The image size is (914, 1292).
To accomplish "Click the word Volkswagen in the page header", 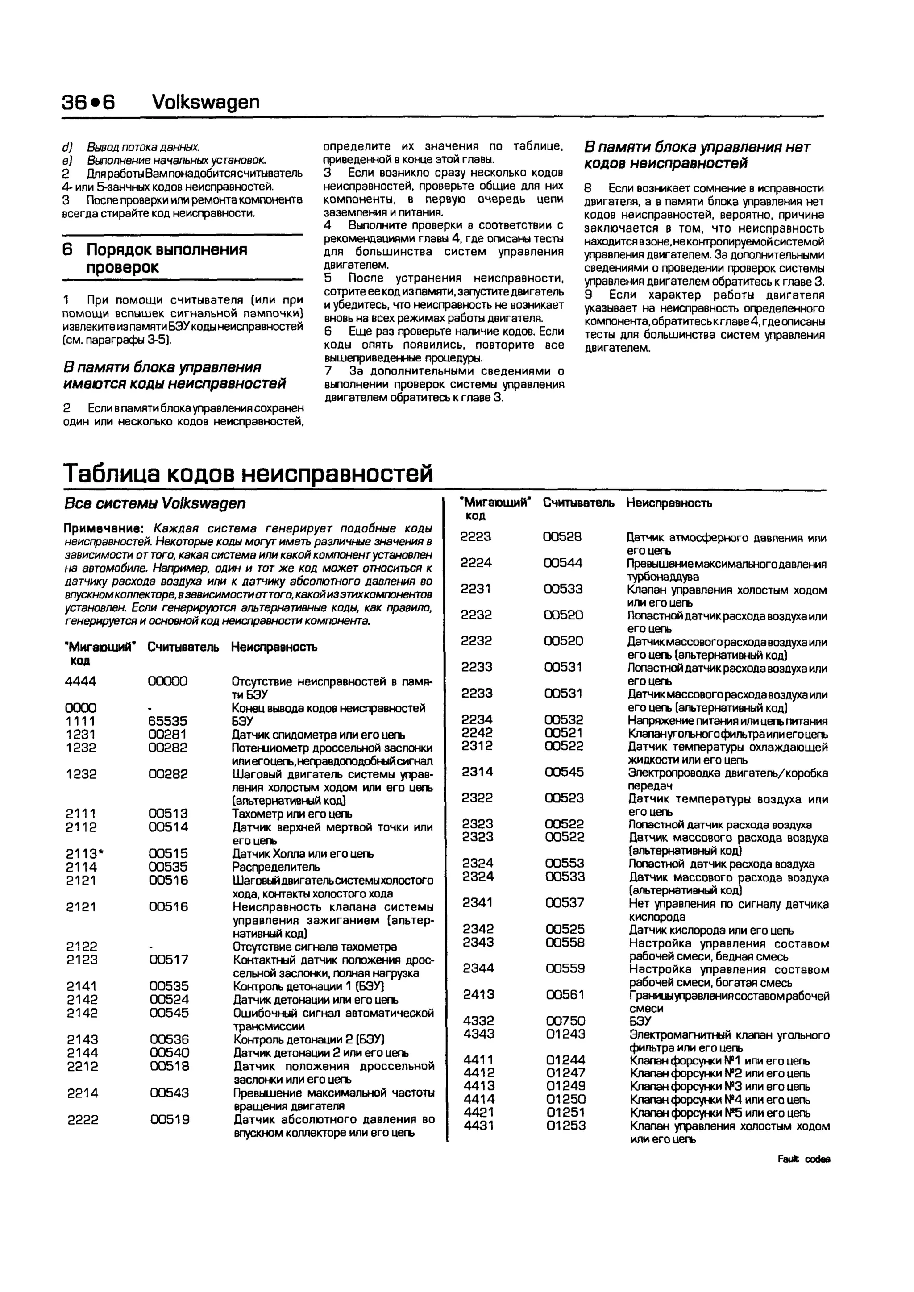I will pyautogui.click(x=206, y=102).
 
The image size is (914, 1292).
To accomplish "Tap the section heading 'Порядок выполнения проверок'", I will pyautogui.click(x=166, y=258).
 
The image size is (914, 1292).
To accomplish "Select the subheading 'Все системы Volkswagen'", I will pyautogui.click(x=155, y=503).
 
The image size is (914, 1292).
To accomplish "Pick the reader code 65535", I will pyautogui.click(x=167, y=721).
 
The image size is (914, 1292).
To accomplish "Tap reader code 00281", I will pyautogui.click(x=167, y=734).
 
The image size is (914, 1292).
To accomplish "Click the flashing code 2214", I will pyautogui.click(x=82, y=1093).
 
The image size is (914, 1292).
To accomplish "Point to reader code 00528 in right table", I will pyautogui.click(x=562, y=537).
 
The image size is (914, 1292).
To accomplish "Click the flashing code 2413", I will pyautogui.click(x=479, y=994).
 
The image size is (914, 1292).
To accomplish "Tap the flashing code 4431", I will pyautogui.click(x=479, y=1126).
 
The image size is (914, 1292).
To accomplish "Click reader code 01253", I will pyautogui.click(x=565, y=1126).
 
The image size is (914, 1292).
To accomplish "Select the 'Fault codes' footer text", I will pyautogui.click(x=804, y=1159).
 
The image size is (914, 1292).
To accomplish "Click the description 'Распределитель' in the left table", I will pyautogui.click(x=276, y=867).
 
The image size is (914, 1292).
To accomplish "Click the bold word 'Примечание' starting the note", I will pyautogui.click(x=105, y=529).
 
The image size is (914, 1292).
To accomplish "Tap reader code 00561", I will pyautogui.click(x=565, y=994).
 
